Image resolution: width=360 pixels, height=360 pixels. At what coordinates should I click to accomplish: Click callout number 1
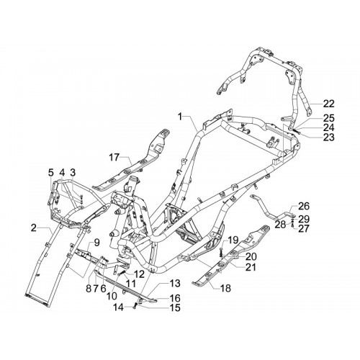point(180,117)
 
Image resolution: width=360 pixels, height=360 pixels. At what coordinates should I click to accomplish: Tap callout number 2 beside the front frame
point(34,228)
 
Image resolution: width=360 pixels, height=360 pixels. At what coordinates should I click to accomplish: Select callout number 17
point(114,158)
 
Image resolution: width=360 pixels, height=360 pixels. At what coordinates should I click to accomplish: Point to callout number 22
point(328,104)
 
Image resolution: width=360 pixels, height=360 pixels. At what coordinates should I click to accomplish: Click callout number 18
point(225,288)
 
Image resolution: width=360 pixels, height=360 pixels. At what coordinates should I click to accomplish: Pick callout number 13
point(175,284)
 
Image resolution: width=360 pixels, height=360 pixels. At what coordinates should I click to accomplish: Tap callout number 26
point(304,206)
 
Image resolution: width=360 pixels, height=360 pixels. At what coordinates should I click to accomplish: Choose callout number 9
point(96,243)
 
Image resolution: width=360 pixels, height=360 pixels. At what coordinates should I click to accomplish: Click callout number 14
point(119,307)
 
